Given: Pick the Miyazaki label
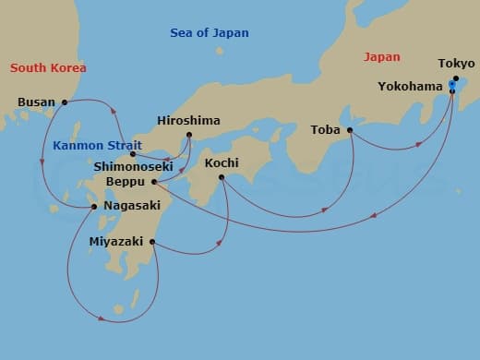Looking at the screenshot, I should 116,242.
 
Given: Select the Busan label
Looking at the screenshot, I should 36,102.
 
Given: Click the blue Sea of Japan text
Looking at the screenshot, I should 210,33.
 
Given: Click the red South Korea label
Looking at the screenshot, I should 47,67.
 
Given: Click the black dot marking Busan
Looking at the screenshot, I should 65,102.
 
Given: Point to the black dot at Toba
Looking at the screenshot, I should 351,130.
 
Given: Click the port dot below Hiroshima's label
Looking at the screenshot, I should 188,135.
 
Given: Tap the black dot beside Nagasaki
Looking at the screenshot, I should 95,207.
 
